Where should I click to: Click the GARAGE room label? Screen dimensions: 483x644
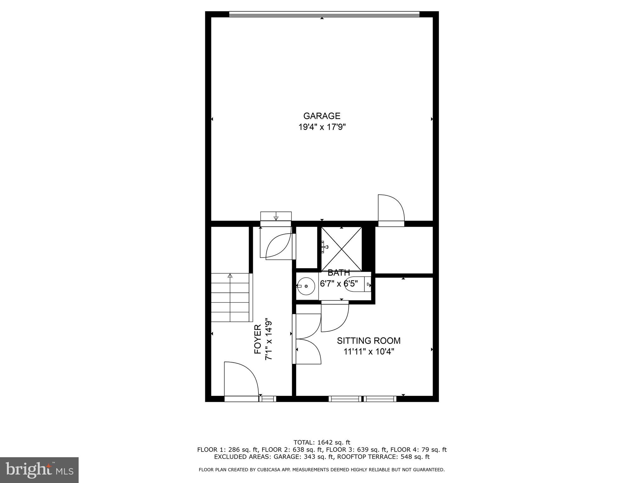[322, 116]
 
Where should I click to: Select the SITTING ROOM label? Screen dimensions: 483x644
[369, 341]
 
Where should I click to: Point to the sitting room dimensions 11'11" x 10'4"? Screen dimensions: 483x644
[369, 351]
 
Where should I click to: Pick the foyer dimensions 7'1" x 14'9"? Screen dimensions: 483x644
[268, 340]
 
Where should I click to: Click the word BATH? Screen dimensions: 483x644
[339, 273]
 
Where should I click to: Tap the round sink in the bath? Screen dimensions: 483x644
[306, 286]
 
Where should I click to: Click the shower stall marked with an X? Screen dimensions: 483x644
[341, 249]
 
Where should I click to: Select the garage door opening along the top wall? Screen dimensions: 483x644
[324, 14]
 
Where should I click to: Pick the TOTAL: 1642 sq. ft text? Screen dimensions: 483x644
[322, 442]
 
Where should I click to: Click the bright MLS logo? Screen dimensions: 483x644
[39, 470]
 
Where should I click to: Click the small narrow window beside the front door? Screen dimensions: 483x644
[268, 399]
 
